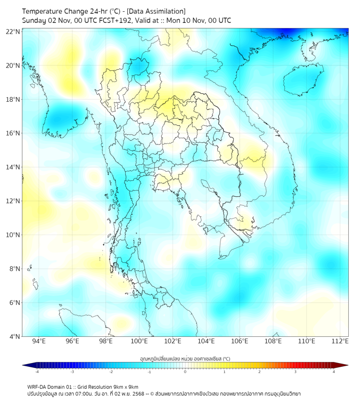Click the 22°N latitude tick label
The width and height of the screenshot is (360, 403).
(x=13, y=31)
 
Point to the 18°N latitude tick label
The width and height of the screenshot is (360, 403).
(x=13, y=99)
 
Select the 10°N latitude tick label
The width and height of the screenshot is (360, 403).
(x=13, y=235)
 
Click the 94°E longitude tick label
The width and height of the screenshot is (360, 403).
(x=39, y=341)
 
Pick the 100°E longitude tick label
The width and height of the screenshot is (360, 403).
(x=139, y=341)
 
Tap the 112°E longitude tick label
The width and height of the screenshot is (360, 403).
(x=340, y=341)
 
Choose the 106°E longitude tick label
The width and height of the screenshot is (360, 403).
(x=240, y=341)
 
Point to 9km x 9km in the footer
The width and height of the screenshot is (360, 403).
(x=122, y=386)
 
